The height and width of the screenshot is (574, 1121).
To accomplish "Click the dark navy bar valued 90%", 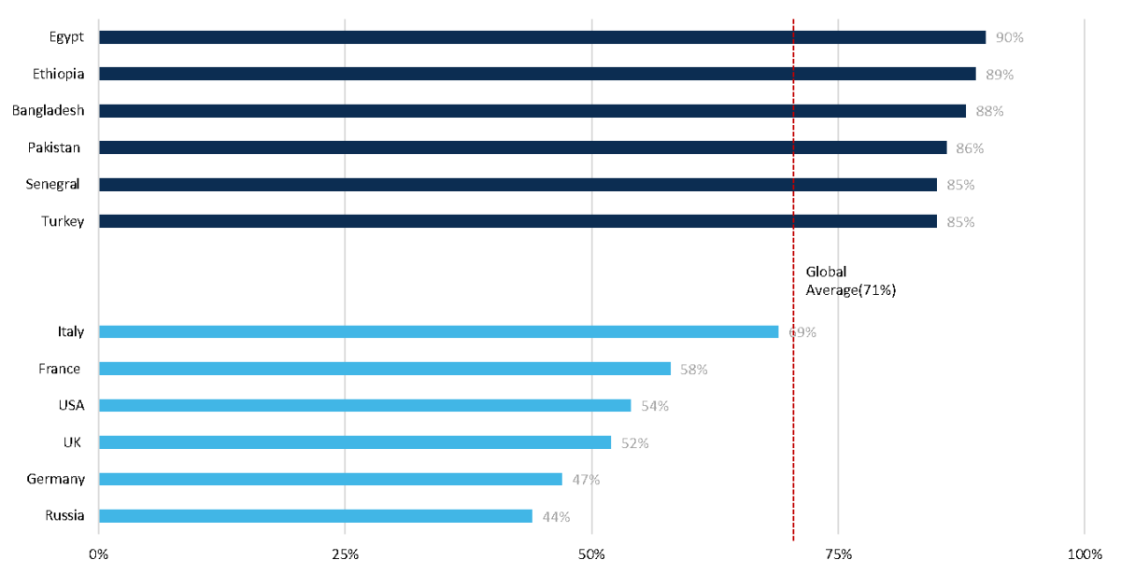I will pos(542,37).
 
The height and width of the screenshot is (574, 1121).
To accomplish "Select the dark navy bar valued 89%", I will pos(537,74).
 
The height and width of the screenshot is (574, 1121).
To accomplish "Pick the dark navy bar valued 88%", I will pos(532,111).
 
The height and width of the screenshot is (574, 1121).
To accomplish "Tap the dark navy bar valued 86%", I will pos(522,147).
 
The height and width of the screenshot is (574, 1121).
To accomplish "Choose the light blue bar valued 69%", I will pos(438,332).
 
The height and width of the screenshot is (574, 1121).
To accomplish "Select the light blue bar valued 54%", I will pos(364,406).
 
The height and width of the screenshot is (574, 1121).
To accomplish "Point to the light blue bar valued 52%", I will pos(355,442).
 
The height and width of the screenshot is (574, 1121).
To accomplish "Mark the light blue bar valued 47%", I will pos(330,480).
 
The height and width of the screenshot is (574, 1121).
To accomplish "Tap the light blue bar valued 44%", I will pos(315,516).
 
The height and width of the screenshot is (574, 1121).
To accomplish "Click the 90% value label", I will pos(1009,38).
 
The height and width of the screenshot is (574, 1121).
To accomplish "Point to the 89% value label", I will pos(1000,75).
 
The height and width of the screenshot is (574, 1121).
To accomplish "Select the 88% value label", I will pos(989,112).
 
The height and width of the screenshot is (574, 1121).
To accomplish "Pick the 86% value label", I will pos(970,148).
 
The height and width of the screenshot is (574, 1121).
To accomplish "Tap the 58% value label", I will pos(694,370).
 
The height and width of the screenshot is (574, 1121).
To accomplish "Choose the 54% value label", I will pos(655,407).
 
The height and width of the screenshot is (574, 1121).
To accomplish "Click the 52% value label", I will pos(635,443).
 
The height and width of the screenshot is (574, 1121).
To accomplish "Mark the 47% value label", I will pos(586,481).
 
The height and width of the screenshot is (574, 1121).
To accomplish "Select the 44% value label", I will pos(556,517).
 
